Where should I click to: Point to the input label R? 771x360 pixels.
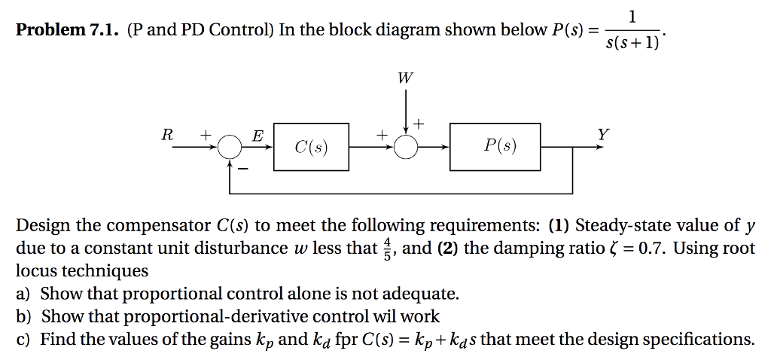click(x=167, y=135)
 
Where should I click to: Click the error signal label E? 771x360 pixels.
click(x=257, y=136)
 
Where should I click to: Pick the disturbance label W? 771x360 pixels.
click(x=407, y=78)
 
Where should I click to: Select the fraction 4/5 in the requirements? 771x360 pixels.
click(x=389, y=248)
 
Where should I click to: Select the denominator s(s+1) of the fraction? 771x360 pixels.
click(x=632, y=43)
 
